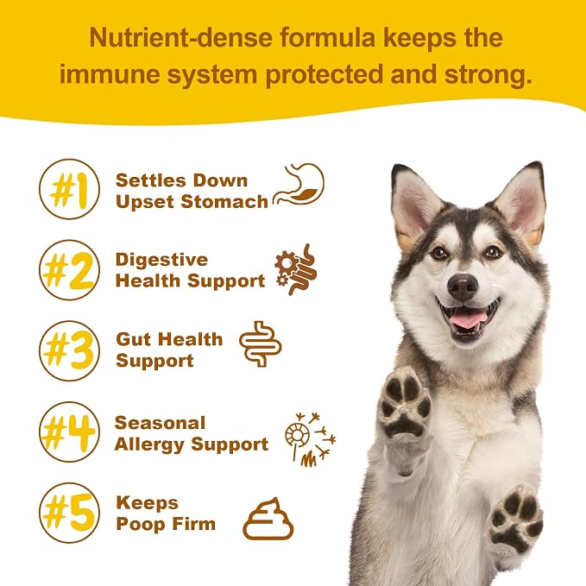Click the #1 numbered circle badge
pos(70,189)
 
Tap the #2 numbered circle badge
pos(70,270)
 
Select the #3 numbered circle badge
pos(70,351)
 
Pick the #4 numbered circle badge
pos(70,432)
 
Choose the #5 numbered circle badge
pos(70,513)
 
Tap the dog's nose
pos(463,287)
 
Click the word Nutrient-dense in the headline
pos(181,38)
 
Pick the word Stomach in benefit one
pos(224,202)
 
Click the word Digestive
pos(161,260)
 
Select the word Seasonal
pos(160,423)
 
